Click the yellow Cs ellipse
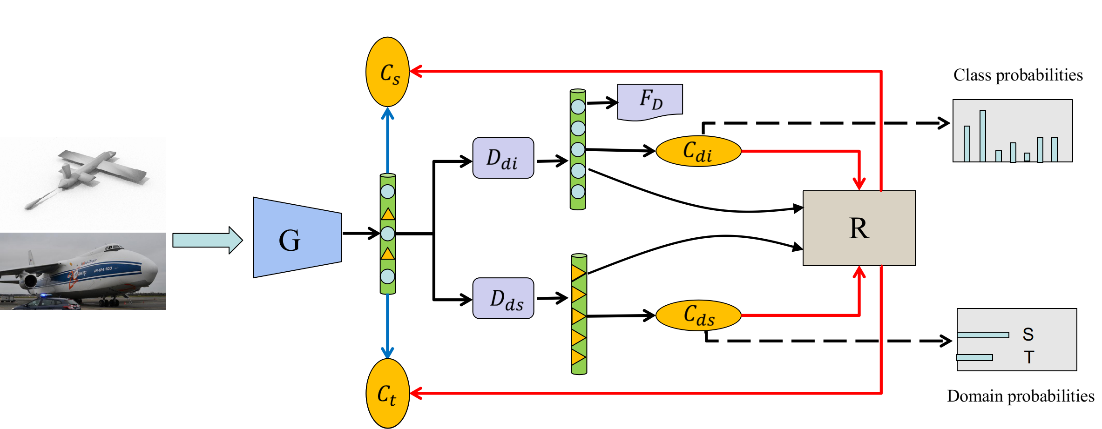(387, 72)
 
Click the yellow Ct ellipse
(387, 393)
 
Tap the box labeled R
(859, 228)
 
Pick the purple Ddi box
(503, 158)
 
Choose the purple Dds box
(503, 298)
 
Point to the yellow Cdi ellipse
(698, 151)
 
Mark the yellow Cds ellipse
(698, 315)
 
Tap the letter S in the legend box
(1028, 334)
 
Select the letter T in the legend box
(1029, 357)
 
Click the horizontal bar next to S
(983, 335)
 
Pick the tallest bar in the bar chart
(983, 136)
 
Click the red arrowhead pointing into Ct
(416, 393)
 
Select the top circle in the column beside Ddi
(578, 107)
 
